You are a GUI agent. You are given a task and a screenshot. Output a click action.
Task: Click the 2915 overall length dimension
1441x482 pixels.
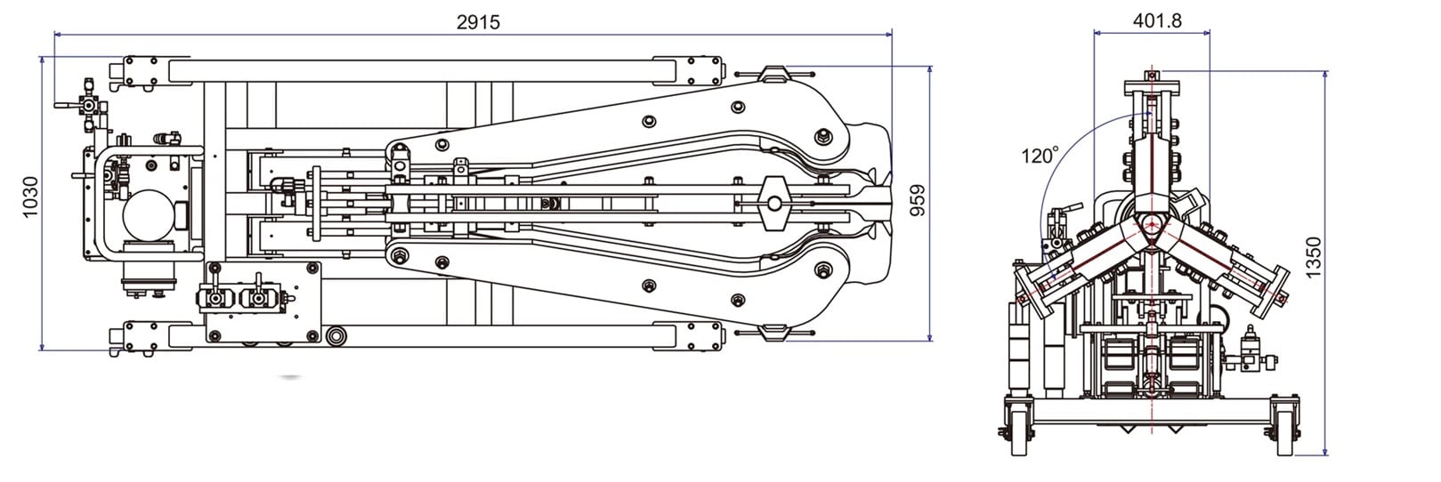point(478,22)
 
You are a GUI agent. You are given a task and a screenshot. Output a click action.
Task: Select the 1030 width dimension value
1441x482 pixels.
point(30,197)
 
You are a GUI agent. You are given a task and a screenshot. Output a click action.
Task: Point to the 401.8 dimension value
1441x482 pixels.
point(1157,20)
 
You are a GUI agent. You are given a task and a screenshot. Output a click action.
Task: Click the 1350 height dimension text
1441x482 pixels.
point(1314,257)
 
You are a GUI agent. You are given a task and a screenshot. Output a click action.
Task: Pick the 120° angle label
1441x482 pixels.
point(1040,156)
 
